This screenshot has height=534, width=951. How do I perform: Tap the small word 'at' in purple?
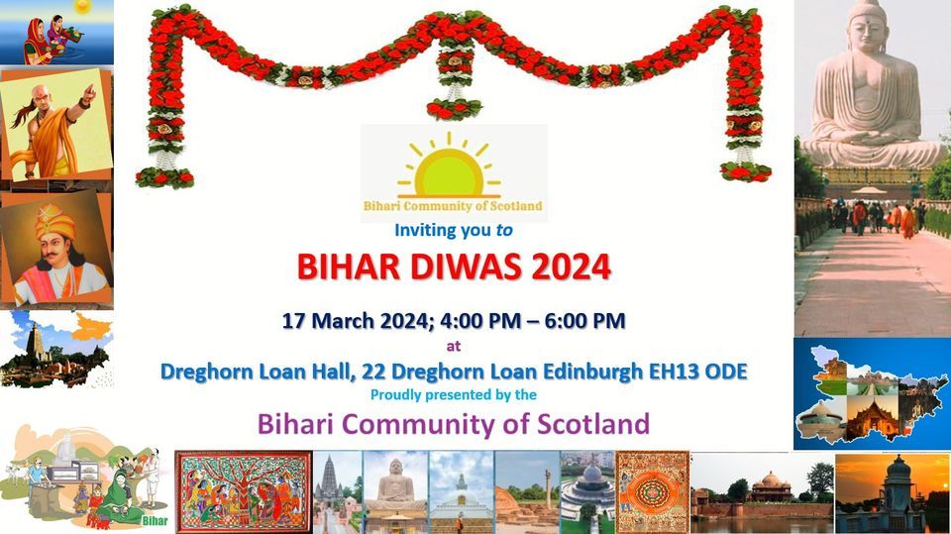(x=454, y=347)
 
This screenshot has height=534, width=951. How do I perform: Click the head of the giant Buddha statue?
(x=868, y=25)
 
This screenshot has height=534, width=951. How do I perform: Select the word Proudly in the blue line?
(x=393, y=394)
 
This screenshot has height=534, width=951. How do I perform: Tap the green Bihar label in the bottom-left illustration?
(x=153, y=519)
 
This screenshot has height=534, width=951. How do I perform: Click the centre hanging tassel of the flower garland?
(x=455, y=84)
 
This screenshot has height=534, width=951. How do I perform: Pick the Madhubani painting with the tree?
(x=243, y=491)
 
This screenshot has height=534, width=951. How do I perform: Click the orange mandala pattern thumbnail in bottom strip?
(x=652, y=491)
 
